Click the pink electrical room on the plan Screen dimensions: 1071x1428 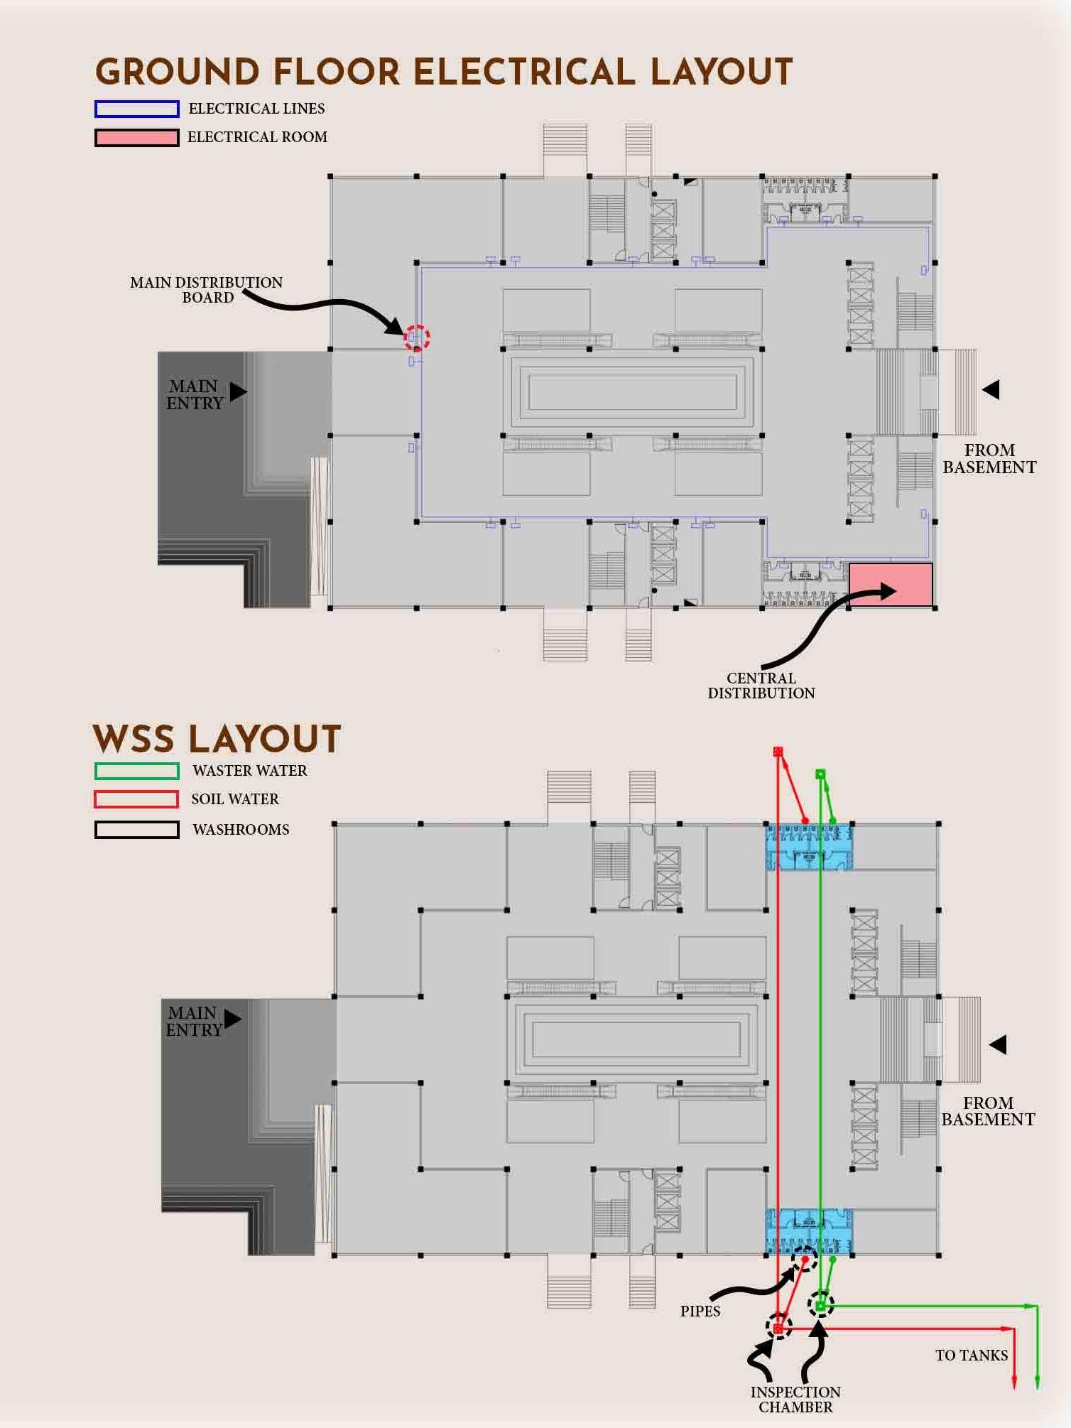point(891,585)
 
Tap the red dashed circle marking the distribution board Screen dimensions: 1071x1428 point(417,337)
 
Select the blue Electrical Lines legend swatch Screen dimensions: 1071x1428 point(136,109)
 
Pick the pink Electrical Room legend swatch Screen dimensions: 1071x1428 point(136,137)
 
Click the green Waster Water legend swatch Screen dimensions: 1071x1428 point(136,771)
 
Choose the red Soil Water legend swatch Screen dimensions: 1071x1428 point(136,799)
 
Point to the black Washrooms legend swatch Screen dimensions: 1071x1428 point(136,830)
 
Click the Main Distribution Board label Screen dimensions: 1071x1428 point(206,290)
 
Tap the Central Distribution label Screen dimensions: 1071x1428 point(761,686)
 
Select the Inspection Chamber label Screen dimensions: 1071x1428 point(795,1399)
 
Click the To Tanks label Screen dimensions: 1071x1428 point(971,1356)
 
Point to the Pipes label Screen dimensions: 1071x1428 point(700,1311)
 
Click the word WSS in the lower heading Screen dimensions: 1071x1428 point(134,740)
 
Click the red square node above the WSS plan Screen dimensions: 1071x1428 point(778,752)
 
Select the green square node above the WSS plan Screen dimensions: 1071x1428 point(820,774)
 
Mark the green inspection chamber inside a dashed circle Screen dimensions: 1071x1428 point(820,1306)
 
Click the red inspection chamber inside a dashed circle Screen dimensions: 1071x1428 point(778,1328)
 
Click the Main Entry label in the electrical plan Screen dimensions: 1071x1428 point(195,395)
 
